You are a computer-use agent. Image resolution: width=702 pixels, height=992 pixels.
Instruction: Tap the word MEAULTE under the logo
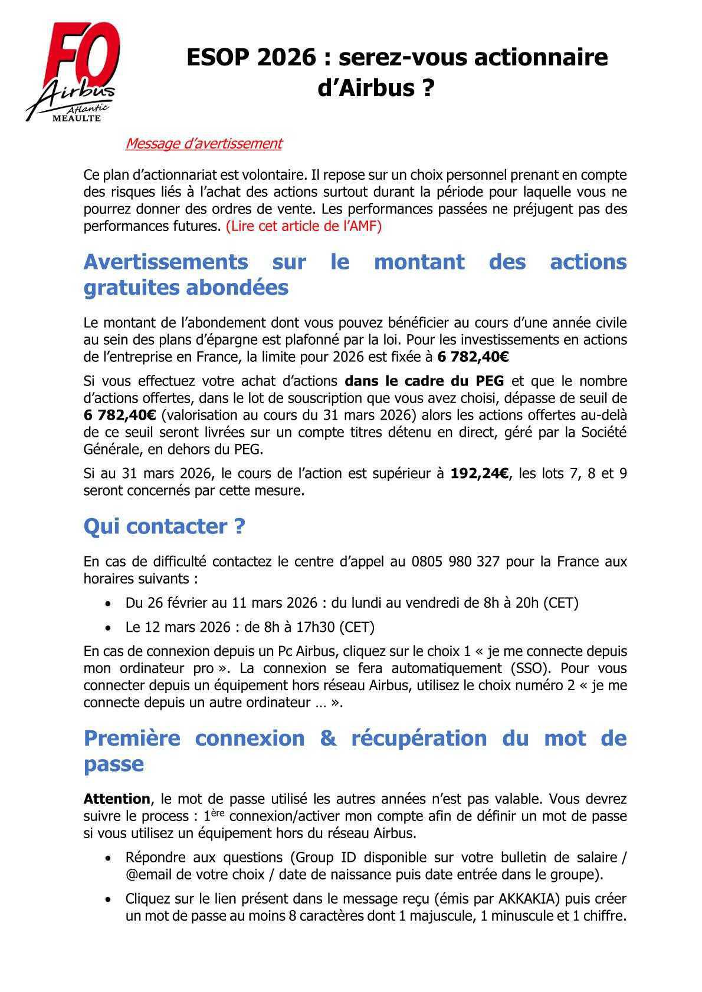(77, 118)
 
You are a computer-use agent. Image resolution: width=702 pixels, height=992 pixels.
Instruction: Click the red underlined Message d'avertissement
(204, 143)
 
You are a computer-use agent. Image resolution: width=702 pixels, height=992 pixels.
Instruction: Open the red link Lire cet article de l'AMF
(304, 226)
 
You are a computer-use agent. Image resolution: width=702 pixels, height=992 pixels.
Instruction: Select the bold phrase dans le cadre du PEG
(424, 381)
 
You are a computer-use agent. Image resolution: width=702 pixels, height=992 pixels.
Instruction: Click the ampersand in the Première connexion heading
(327, 738)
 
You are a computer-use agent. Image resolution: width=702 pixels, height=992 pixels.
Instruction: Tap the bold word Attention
(117, 799)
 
